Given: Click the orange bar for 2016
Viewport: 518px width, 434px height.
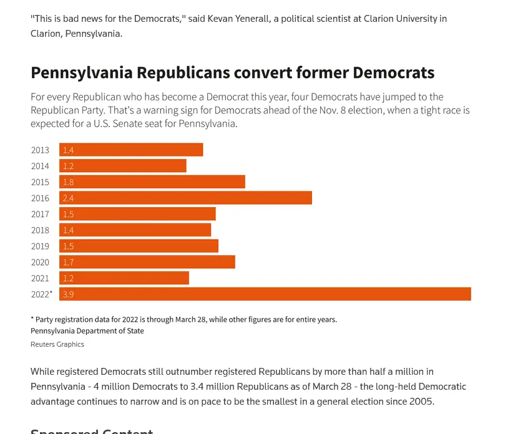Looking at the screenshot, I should tap(185, 198).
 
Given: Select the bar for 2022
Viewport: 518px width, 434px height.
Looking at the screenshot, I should tap(265, 294).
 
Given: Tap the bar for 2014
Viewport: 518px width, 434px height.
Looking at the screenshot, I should tap(122, 166).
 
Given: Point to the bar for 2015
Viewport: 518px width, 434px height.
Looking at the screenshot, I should tap(152, 182).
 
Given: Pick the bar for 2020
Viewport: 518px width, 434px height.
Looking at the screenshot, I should tap(147, 262).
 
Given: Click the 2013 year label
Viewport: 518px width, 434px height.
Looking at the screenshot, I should tap(40, 150).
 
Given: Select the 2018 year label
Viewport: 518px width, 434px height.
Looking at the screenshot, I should tap(40, 230).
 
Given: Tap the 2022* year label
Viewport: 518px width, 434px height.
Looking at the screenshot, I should tap(41, 294).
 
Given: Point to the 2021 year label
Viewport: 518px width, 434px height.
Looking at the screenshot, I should tap(40, 278).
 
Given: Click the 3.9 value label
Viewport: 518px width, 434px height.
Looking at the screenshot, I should tap(68, 294).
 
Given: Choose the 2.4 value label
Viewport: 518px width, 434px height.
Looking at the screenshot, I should tap(68, 198).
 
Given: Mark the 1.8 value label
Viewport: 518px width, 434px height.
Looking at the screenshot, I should tap(68, 182).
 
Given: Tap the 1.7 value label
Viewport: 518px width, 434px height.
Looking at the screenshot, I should tap(68, 262).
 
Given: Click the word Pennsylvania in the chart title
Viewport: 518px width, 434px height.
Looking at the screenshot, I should tap(82, 72).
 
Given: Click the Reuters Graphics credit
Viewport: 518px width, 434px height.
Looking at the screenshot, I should tap(57, 344).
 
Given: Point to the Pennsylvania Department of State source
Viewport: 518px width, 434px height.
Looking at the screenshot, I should tap(87, 331).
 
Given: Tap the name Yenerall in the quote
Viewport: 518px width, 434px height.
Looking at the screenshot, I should tap(238, 19).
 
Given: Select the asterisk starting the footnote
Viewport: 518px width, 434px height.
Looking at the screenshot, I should tap(32, 319).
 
